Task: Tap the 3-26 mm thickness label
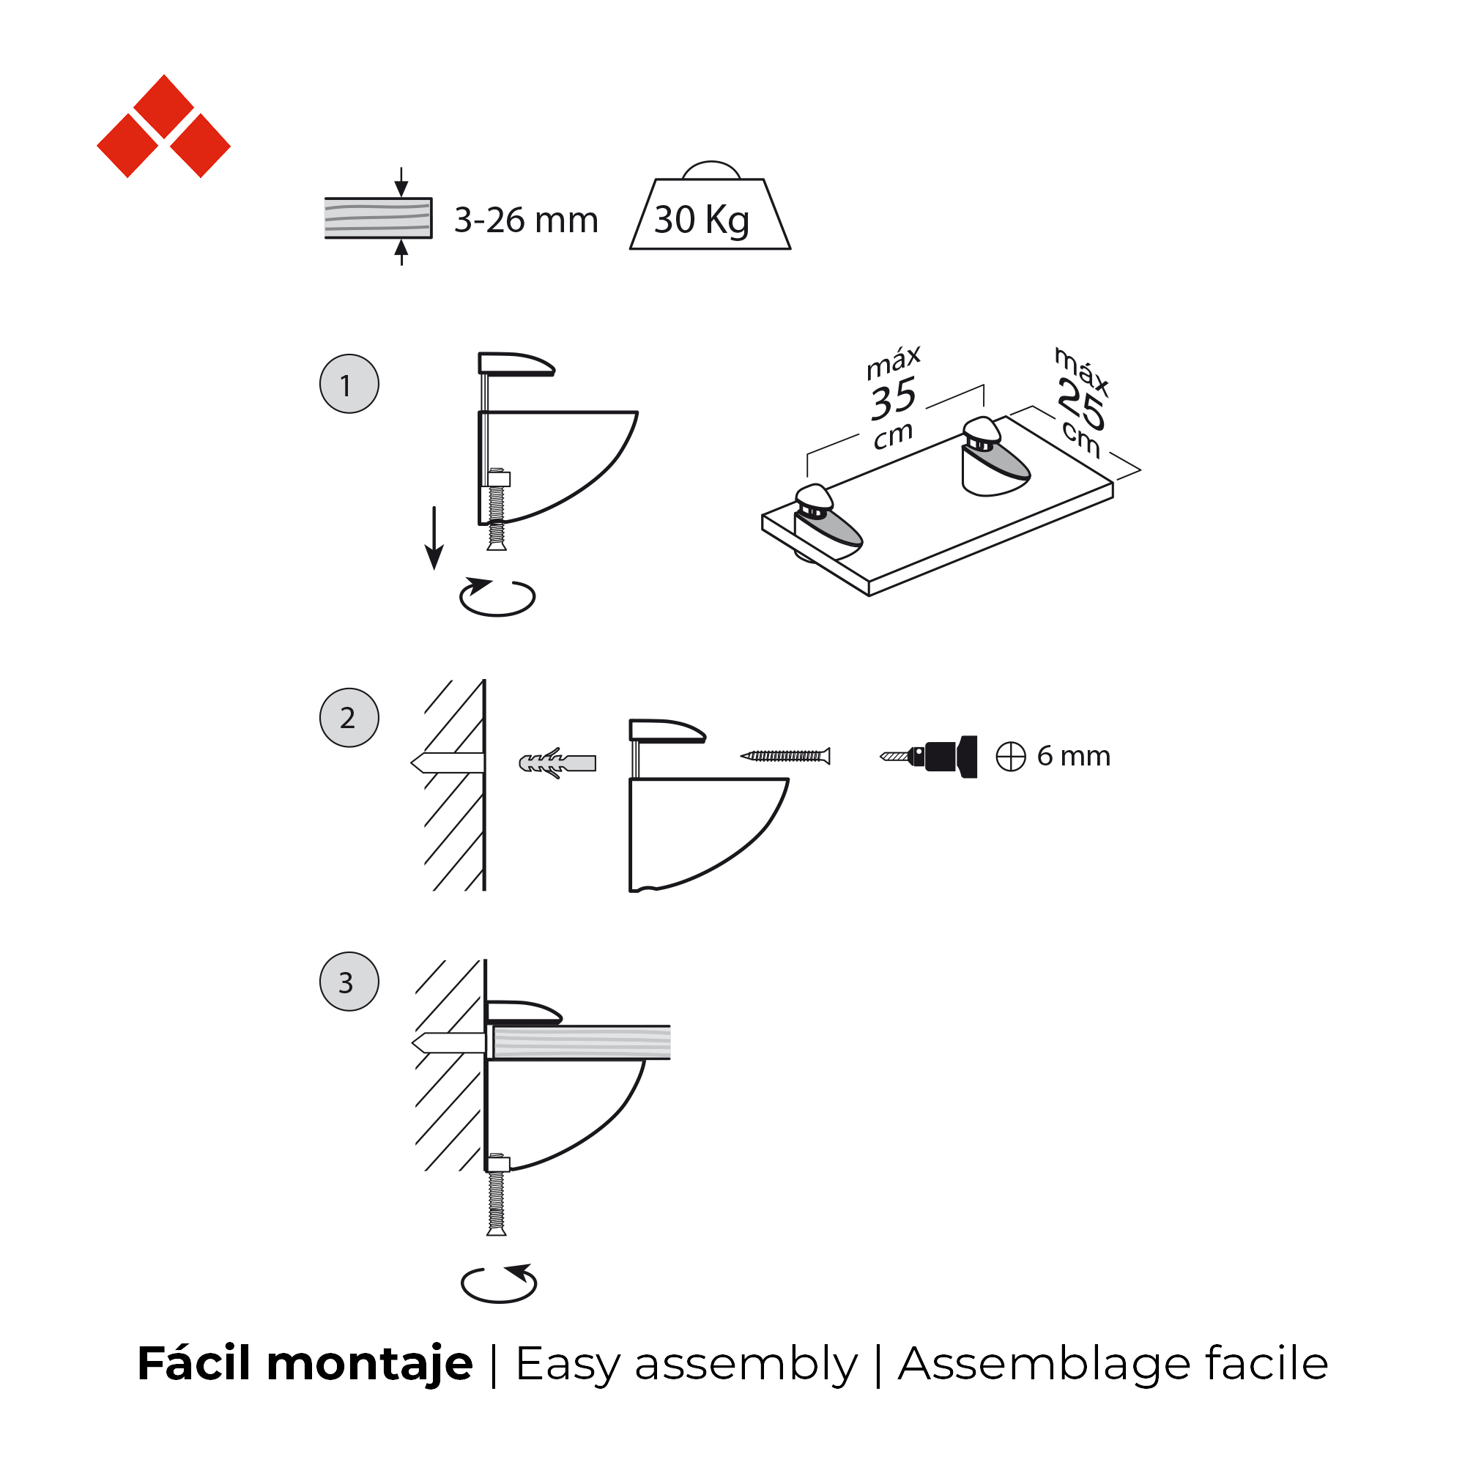pos(526,220)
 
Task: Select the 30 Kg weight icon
pos(711,207)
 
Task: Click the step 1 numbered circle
pos(349,384)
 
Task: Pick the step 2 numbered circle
pos(349,718)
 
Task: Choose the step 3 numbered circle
pos(349,982)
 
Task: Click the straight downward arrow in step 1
pos(434,538)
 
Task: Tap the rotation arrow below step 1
pos(498,597)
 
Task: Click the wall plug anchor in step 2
pos(557,763)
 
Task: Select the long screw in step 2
pos(785,756)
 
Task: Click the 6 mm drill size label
pos(1074,756)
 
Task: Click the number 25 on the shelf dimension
pos(1081,404)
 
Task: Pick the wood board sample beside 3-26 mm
pos(379,218)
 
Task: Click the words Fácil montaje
pos(305,1363)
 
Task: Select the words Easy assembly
pos(686,1365)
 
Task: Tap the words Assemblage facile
pos(1113,1363)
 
